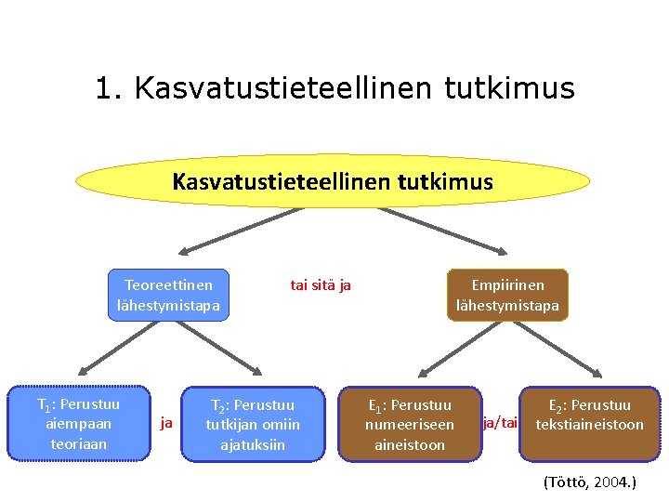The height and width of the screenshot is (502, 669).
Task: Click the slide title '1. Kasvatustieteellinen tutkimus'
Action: click(334, 88)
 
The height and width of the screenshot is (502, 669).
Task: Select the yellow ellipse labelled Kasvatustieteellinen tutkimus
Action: click(333, 180)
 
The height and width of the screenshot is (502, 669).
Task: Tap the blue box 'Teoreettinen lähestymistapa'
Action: click(168, 295)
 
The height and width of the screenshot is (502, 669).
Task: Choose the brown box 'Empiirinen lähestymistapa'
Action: click(507, 295)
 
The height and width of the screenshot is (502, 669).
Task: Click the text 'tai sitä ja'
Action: click(321, 285)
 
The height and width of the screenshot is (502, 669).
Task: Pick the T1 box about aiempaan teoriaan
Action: click(78, 424)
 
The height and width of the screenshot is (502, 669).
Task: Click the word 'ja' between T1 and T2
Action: click(166, 423)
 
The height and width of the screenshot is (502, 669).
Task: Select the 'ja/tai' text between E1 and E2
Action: click(500, 423)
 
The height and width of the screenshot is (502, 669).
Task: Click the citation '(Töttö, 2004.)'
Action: click(589, 482)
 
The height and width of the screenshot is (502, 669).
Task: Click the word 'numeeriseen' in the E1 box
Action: click(410, 425)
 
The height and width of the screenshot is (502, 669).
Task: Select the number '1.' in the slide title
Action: click(110, 88)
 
